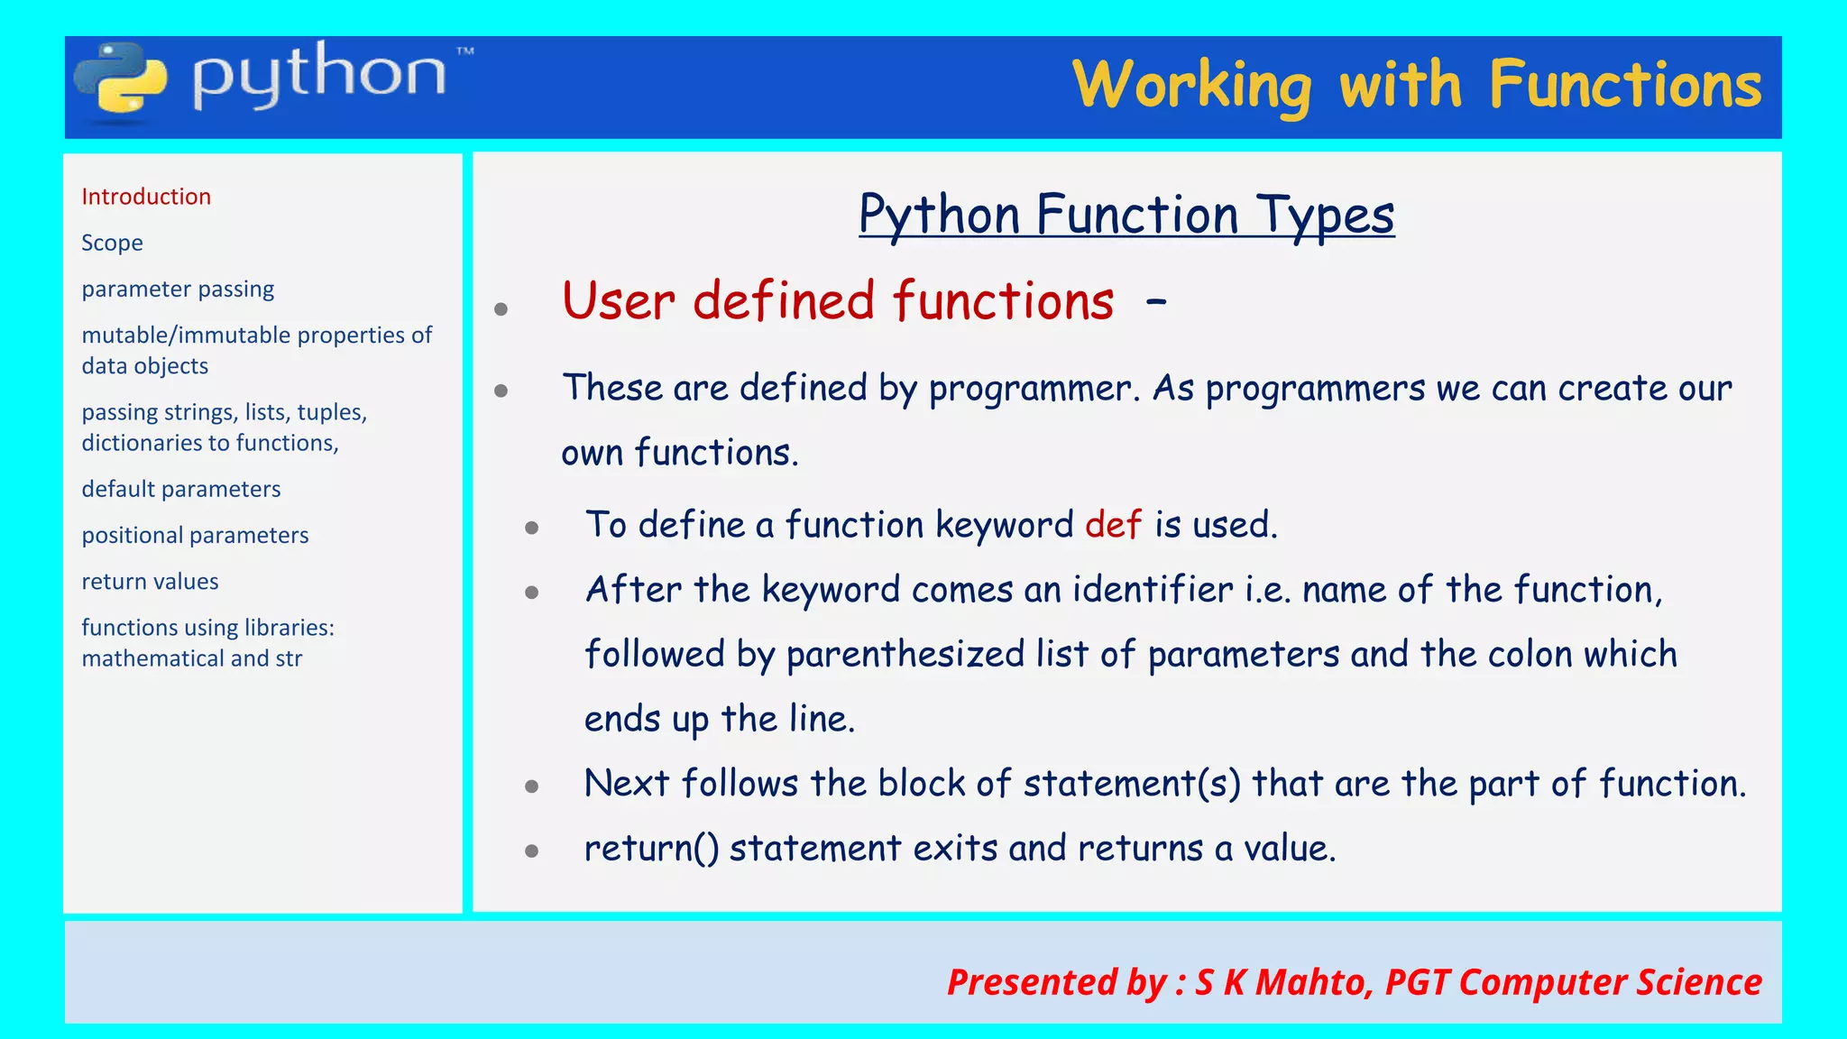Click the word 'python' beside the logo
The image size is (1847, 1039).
click(x=319, y=76)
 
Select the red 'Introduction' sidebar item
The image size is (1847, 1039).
click(x=146, y=197)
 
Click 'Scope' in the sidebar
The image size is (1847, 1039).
click(x=112, y=243)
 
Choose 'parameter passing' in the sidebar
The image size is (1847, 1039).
click(x=178, y=290)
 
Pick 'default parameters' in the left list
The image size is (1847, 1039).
click(x=181, y=489)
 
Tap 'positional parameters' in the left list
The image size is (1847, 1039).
click(x=195, y=535)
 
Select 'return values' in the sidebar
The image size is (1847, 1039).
click(x=150, y=582)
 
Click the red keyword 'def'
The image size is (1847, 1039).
click(x=1113, y=524)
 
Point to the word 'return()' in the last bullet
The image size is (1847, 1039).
click(x=651, y=849)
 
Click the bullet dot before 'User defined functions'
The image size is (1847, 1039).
click(x=501, y=309)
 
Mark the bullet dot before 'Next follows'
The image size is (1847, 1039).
click(x=532, y=786)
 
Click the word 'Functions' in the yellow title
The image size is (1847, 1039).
click(x=1625, y=85)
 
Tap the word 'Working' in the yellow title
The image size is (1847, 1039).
click(x=1192, y=87)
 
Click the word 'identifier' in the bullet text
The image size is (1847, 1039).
click(x=1153, y=590)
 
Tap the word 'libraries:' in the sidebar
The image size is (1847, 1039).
click(x=289, y=628)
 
